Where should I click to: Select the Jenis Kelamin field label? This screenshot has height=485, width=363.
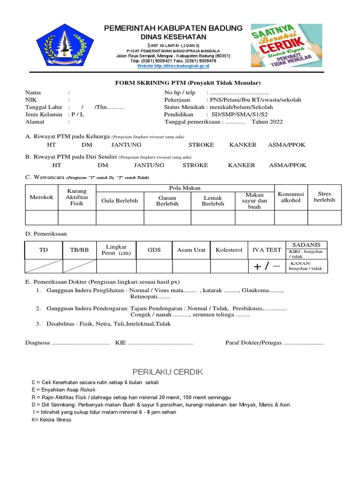point(43,114)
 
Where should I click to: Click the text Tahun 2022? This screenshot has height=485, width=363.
point(267,122)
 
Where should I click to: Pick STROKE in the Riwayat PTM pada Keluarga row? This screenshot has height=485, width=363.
point(201,145)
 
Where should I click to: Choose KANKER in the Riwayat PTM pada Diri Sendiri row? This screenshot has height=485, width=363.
point(241,165)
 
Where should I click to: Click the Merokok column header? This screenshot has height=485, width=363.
point(42,198)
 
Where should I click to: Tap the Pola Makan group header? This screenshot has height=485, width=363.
point(185,189)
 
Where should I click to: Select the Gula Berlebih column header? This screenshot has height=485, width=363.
point(120,201)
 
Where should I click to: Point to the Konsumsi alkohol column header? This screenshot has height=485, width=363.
point(291,198)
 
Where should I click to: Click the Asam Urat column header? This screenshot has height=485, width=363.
point(191,250)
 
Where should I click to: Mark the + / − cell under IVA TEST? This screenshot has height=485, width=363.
point(267,267)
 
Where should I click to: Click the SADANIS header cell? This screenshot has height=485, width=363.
point(306,245)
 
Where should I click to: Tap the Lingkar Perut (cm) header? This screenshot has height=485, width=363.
point(116,250)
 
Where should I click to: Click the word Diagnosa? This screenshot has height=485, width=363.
point(37,342)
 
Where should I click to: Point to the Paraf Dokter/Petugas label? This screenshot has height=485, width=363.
point(253,342)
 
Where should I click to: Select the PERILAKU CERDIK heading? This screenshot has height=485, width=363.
point(167,372)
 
